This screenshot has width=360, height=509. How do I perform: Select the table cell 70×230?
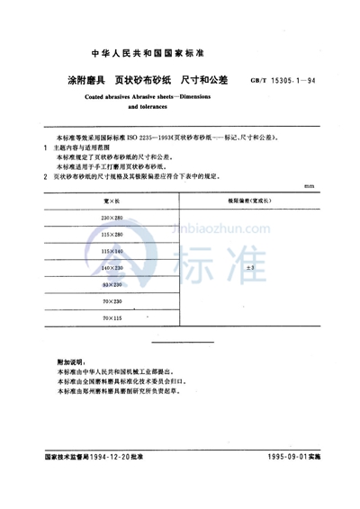pyautogui.click(x=117, y=301)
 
